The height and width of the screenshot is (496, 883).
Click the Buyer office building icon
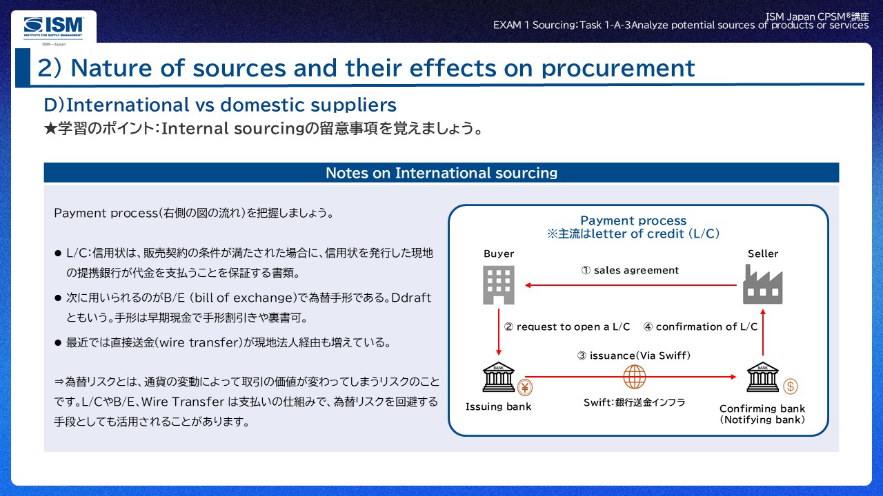pos(498,285)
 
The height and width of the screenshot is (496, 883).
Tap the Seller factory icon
pos(762,285)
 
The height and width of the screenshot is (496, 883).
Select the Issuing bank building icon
pos(498,378)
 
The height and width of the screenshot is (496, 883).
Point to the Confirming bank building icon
pos(762,378)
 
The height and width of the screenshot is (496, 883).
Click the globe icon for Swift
pos(634,377)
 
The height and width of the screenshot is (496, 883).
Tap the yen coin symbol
pos(525,386)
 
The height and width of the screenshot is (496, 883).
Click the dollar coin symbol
pos(790,386)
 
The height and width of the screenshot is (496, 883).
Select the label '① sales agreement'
pos(630,270)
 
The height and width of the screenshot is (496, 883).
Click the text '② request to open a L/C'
pos(567,327)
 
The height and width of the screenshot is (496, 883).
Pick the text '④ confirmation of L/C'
pos(700,327)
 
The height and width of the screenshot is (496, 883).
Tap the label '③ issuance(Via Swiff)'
pos(633,355)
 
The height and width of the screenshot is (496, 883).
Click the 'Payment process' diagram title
pos(633,220)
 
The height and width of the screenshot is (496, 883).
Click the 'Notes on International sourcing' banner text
pos(441,173)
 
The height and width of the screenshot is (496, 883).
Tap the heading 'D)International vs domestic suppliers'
pos(220,105)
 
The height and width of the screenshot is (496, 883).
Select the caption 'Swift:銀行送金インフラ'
pos(634,402)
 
